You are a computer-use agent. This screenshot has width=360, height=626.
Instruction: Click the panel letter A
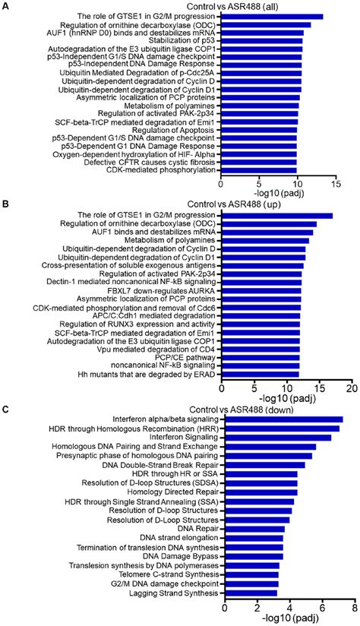coord(6,6)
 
